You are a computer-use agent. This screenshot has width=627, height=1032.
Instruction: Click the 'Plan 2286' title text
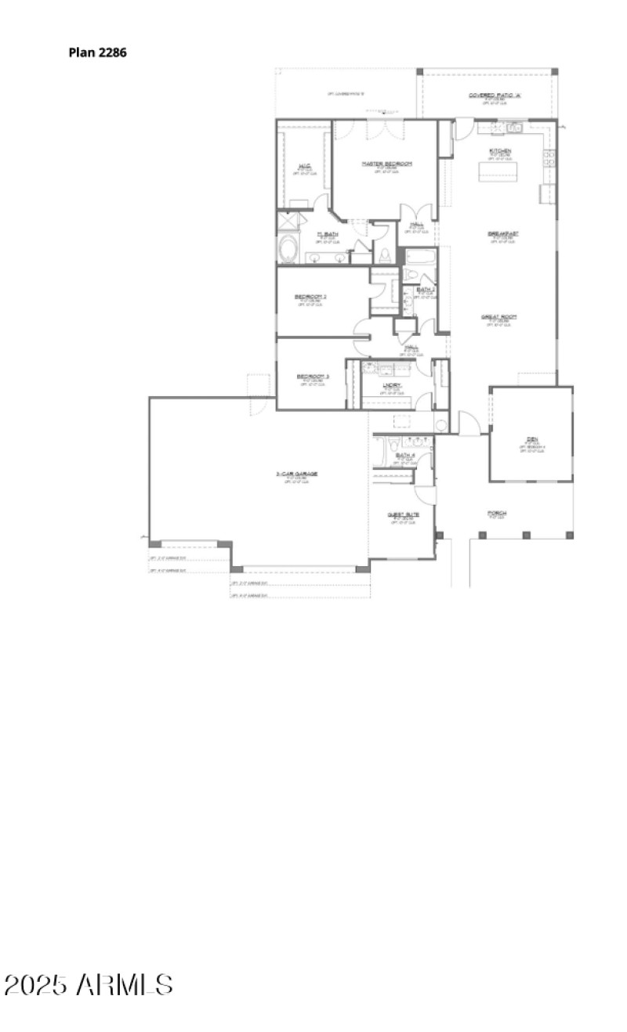point(97,53)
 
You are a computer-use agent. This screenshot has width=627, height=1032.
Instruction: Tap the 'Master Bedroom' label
point(386,164)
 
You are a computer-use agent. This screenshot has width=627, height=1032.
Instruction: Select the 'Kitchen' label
point(501,150)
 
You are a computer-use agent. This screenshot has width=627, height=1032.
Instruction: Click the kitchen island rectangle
point(500,171)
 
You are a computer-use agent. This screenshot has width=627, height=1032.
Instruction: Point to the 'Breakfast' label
point(502,233)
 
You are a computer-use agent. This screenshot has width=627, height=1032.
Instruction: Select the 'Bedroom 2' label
point(310,296)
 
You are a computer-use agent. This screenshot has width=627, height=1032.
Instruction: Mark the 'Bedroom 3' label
point(312,377)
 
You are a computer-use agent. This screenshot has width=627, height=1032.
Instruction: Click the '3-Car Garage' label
point(296,474)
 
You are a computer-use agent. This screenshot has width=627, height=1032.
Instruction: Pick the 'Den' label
point(531,439)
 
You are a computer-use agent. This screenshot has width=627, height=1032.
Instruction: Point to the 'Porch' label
point(497,514)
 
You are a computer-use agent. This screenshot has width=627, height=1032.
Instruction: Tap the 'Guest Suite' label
point(403,514)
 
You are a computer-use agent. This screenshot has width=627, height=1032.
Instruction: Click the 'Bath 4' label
point(404,455)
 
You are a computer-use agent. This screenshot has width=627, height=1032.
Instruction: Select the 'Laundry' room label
point(393,384)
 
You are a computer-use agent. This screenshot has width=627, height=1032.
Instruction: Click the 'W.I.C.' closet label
point(305,165)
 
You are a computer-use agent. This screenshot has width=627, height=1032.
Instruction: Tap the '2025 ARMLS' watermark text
point(88,985)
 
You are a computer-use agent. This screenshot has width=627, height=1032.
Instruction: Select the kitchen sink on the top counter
point(513,127)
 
